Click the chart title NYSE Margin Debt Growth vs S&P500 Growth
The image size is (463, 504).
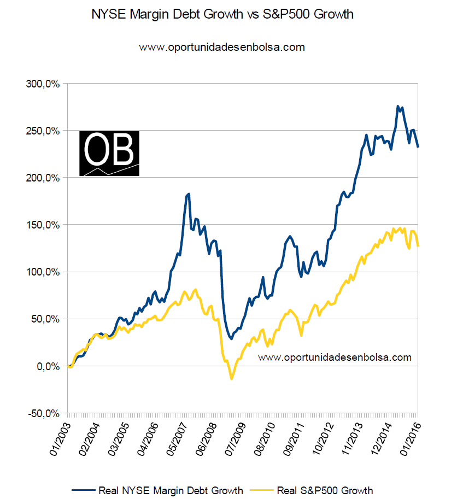(x=222, y=15)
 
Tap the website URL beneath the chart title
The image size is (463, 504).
(x=222, y=48)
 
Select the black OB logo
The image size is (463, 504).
(x=109, y=154)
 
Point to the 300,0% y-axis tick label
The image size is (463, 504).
(x=43, y=84)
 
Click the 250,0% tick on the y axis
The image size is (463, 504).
(x=43, y=131)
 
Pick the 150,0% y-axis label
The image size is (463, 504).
(x=43, y=225)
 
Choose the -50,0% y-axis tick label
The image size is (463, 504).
(x=44, y=413)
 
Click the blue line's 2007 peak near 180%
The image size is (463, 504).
(x=189, y=194)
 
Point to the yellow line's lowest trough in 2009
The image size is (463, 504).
(x=231, y=378)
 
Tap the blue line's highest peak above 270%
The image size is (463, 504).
(x=398, y=106)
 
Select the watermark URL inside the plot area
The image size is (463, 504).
(x=334, y=358)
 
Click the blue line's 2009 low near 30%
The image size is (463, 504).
(x=231, y=339)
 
